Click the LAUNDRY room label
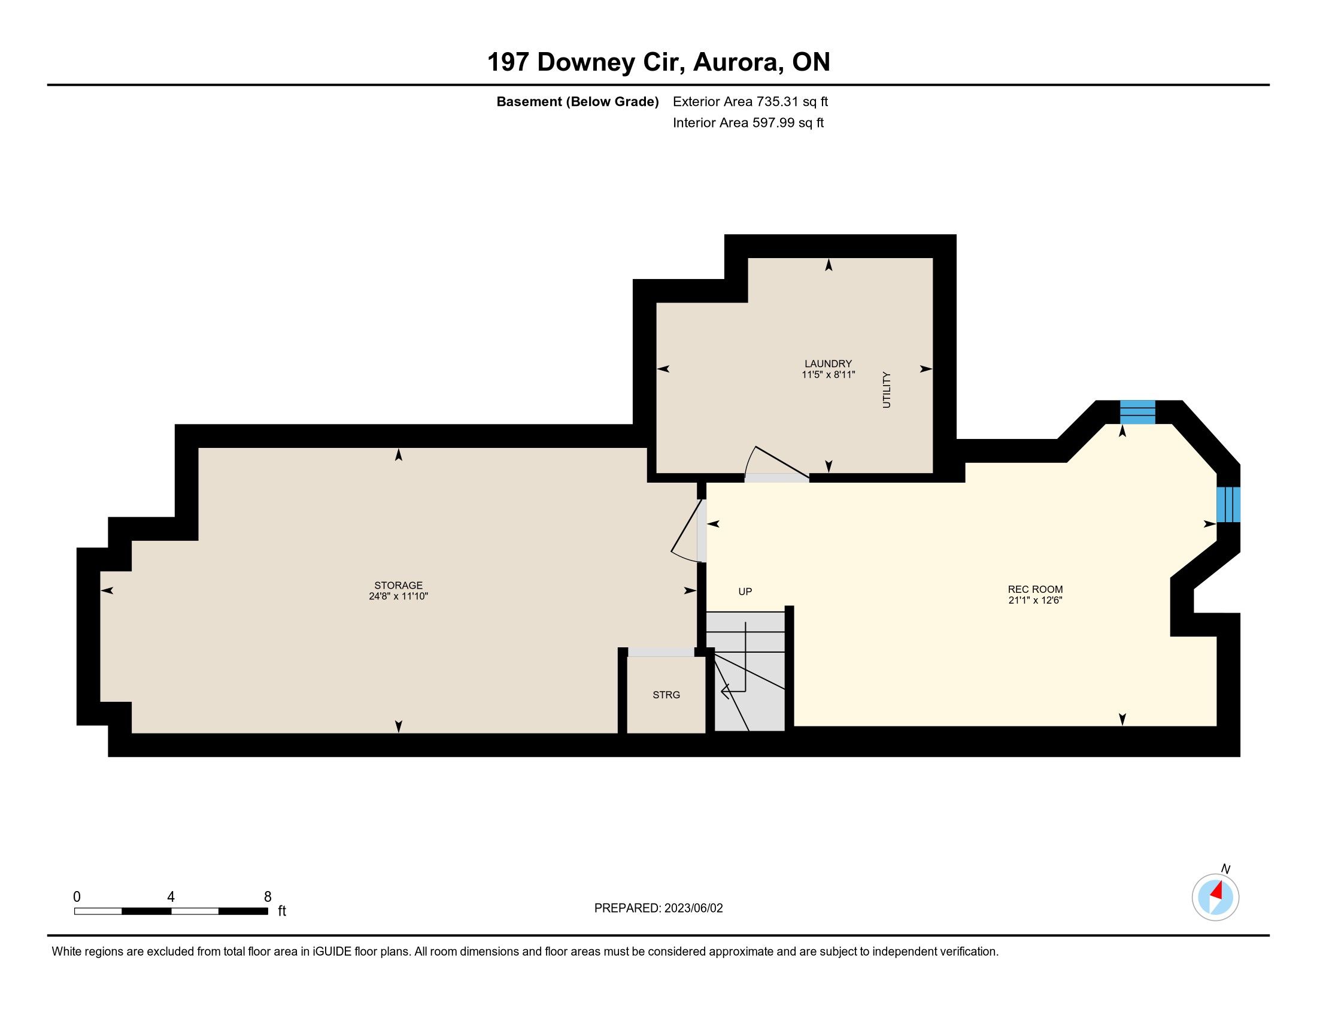(828, 363)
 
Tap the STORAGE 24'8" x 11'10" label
(398, 590)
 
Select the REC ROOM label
(1035, 590)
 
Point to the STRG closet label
(666, 695)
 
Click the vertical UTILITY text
(887, 390)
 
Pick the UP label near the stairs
(745, 592)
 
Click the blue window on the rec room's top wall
(1137, 413)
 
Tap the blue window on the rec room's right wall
(1228, 504)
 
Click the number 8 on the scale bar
(268, 897)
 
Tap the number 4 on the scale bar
(171, 897)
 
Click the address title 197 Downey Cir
(585, 62)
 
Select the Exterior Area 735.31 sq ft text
(750, 101)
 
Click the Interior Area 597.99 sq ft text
(748, 122)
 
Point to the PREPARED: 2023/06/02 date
(658, 908)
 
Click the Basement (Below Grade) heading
(577, 101)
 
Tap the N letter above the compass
(1225, 869)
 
